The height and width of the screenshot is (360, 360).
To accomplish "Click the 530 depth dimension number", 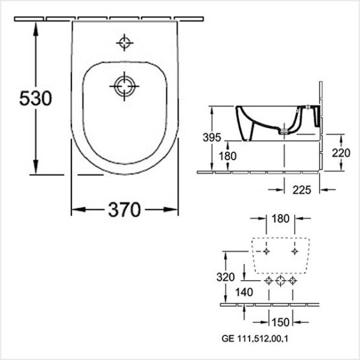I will coord(25,99).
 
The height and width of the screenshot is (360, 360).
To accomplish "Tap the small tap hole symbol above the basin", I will coord(124,43).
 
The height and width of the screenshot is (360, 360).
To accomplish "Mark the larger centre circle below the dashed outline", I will coord(281,280).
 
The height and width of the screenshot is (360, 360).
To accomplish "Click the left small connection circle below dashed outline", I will coord(269,280).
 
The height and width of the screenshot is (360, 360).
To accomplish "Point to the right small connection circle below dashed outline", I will coord(293,280).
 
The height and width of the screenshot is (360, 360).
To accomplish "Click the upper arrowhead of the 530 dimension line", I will coord(34,21).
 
